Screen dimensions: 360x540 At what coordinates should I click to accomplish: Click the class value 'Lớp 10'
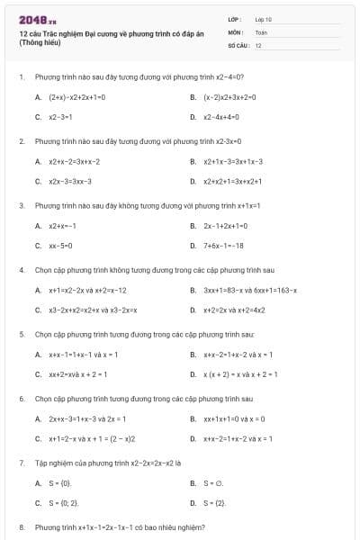[x=263, y=19]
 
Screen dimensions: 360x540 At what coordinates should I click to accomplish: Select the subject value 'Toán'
[x=261, y=31]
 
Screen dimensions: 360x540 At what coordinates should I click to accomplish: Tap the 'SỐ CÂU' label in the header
[x=237, y=44]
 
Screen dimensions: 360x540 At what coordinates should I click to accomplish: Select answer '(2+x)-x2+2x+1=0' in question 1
[x=77, y=96]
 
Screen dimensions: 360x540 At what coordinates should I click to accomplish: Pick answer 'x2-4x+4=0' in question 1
[x=220, y=117]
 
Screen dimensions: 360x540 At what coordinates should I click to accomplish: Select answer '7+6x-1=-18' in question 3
[x=223, y=246]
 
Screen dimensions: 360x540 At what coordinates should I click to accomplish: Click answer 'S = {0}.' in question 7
[x=60, y=483]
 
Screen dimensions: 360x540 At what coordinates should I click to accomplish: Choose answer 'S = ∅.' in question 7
[x=213, y=483]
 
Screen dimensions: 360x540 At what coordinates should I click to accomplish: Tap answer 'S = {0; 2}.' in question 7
[x=64, y=503]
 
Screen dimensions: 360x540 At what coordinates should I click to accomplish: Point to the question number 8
[x=21, y=526]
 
